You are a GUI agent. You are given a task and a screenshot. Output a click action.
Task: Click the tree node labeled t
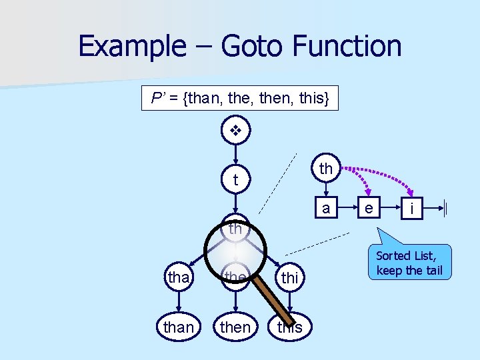235,180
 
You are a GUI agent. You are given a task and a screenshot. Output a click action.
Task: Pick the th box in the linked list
326,169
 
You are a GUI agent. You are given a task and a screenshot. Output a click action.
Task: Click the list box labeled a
326,208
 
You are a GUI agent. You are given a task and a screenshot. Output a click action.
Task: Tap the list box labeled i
413,209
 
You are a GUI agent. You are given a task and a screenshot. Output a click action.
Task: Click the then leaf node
235,327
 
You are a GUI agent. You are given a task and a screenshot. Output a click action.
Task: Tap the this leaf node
289,327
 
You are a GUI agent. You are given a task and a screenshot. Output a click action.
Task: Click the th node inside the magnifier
235,229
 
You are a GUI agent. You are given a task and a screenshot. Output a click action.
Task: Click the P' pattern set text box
240,99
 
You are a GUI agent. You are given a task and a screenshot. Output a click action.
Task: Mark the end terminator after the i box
445,209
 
